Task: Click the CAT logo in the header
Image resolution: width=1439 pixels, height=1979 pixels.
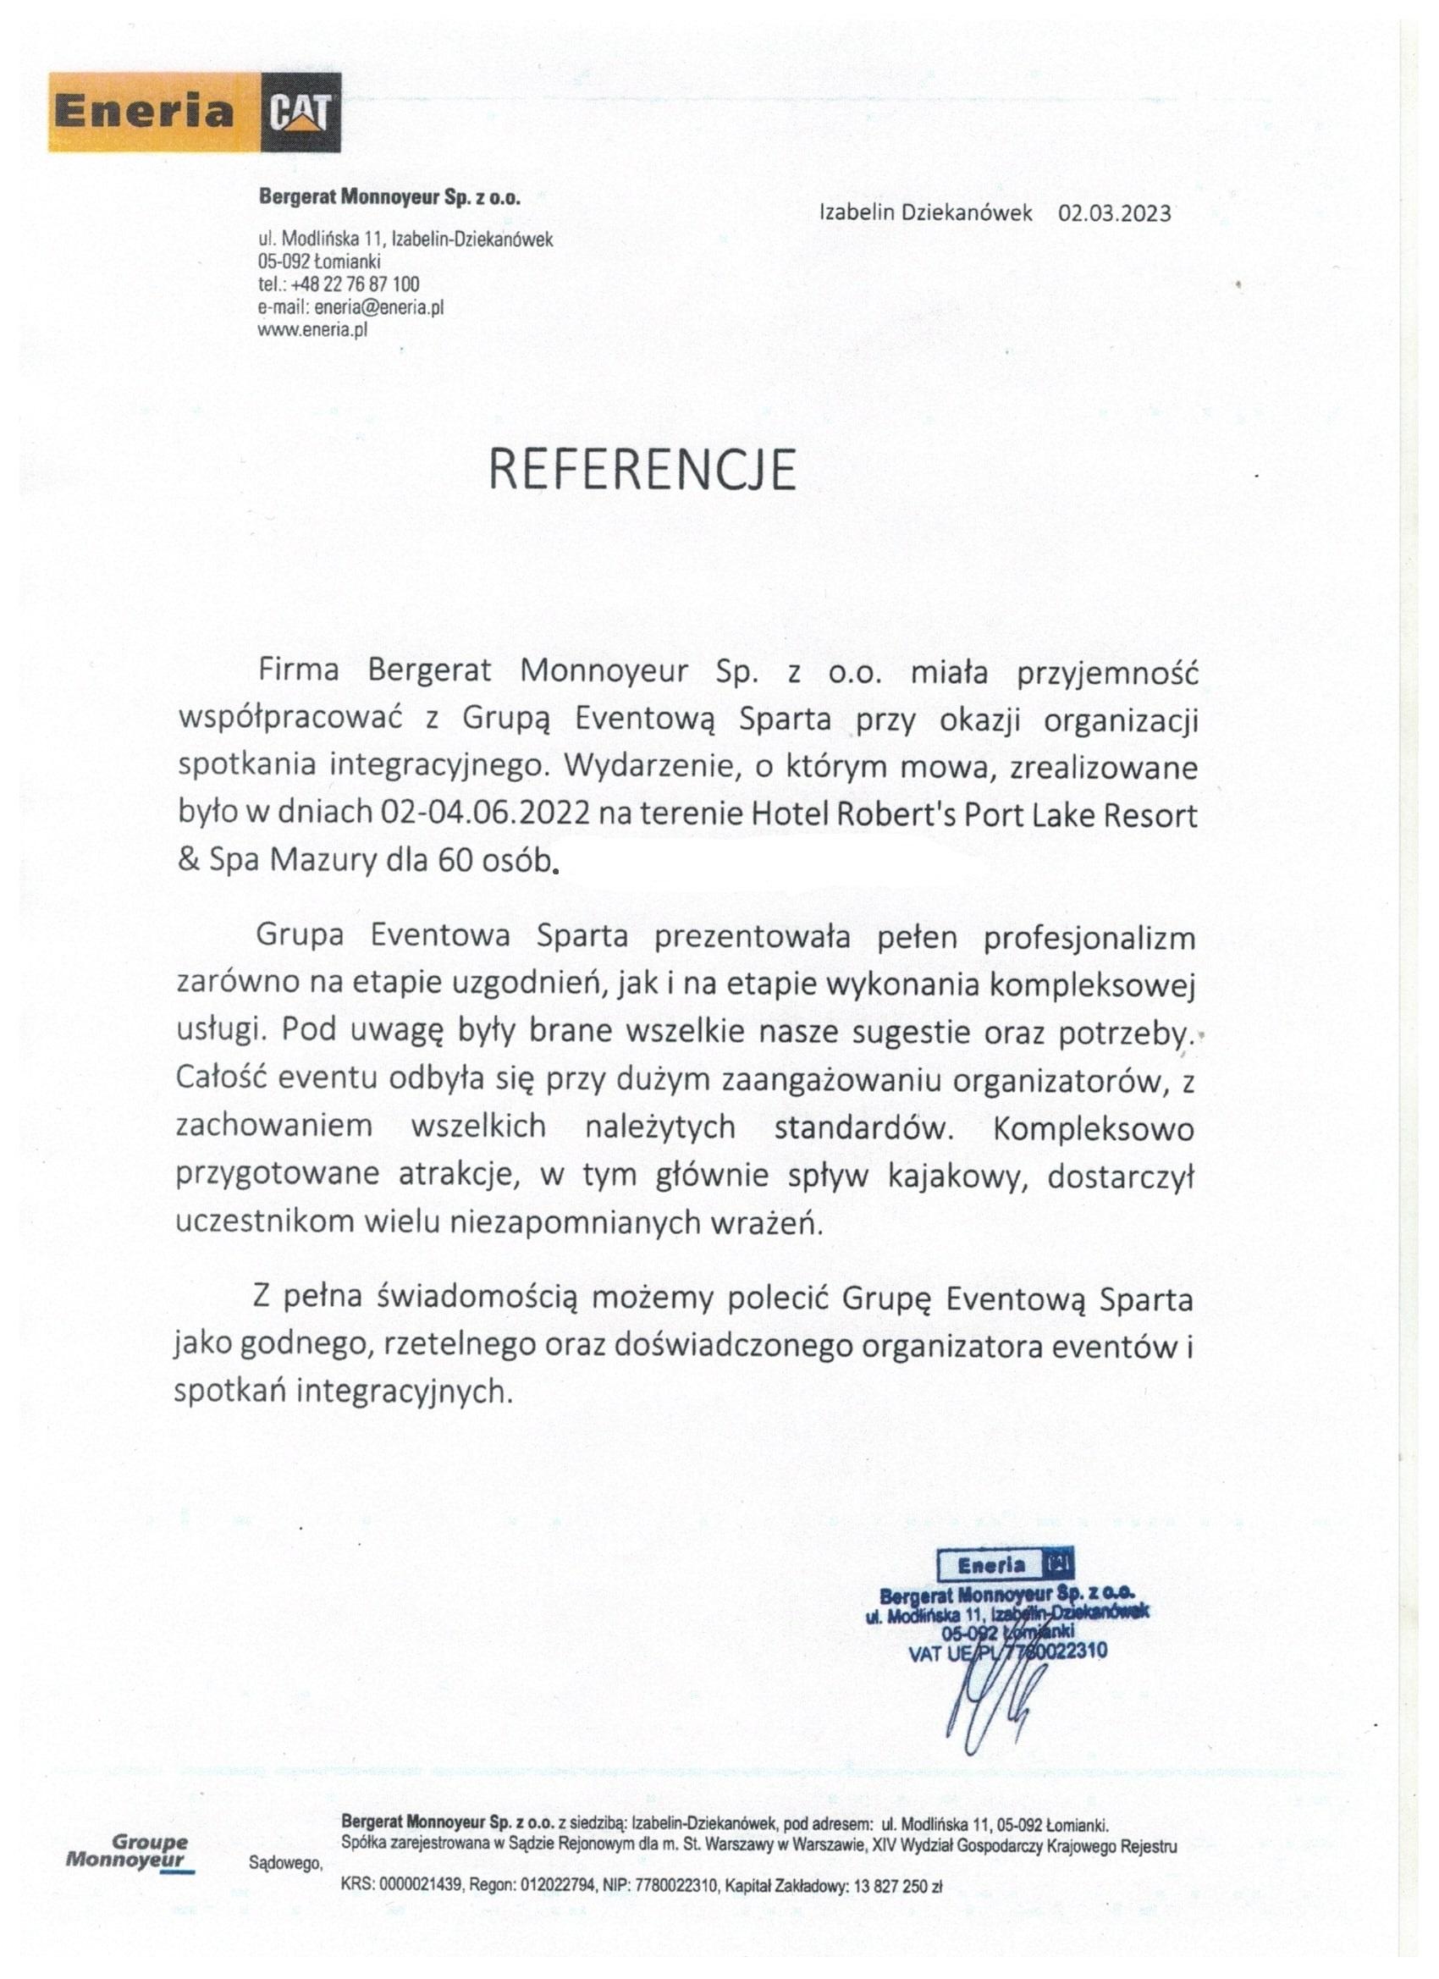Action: point(300,113)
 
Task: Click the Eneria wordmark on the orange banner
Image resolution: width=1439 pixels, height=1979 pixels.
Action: point(145,113)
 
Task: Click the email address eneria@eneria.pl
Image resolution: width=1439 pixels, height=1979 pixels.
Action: point(379,307)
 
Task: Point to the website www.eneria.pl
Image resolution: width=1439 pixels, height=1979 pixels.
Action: point(312,330)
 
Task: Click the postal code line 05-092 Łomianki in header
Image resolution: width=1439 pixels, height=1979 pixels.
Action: point(318,261)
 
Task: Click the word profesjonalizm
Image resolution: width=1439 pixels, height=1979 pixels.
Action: point(1089,938)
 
